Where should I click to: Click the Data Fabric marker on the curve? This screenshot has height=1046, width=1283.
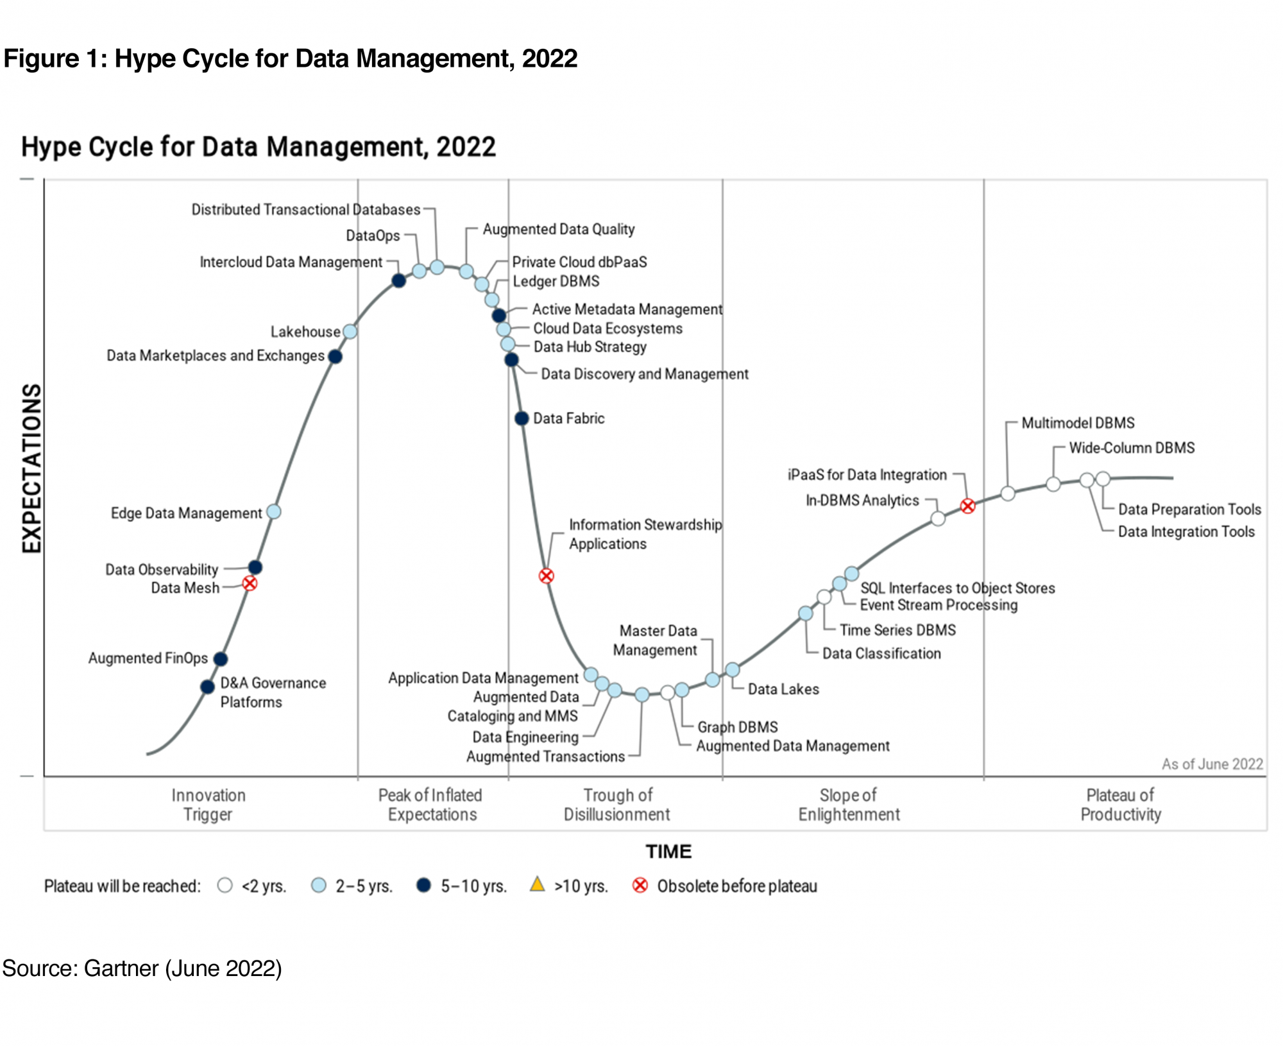click(522, 418)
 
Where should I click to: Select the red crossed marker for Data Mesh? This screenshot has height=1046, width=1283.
click(250, 583)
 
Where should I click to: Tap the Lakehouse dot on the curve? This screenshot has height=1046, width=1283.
click(350, 331)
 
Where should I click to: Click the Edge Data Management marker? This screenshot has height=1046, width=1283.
click(273, 511)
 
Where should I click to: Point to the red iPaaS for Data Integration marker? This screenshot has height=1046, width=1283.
click(967, 506)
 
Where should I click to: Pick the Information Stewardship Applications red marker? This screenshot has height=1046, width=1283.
click(546, 576)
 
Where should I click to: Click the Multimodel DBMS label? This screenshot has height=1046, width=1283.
click(1078, 423)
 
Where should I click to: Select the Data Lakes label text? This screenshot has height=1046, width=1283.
click(783, 689)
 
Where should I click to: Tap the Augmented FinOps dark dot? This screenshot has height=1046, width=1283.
click(220, 658)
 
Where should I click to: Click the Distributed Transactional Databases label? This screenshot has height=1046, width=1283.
click(306, 210)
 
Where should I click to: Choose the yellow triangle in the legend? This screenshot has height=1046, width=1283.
click(537, 884)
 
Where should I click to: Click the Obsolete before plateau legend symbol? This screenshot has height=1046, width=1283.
click(640, 886)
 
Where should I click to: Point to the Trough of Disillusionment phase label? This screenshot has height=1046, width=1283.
click(617, 805)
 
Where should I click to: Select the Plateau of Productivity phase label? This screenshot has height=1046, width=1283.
click(1120, 805)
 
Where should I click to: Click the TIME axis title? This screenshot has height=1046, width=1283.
click(668, 852)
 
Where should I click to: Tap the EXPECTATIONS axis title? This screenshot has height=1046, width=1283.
click(31, 468)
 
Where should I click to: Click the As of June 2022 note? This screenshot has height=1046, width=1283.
click(1212, 764)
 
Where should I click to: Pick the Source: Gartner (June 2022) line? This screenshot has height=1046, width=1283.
click(142, 968)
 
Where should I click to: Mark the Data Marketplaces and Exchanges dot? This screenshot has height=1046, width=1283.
click(335, 356)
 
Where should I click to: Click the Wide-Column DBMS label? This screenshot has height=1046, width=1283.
click(1132, 448)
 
